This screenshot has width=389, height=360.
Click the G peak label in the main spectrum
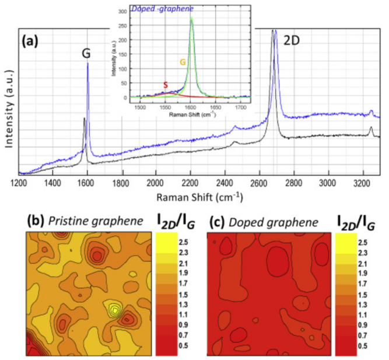pyautogui.click(x=86, y=54)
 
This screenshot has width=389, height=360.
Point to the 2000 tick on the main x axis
pyautogui.click(x=156, y=183)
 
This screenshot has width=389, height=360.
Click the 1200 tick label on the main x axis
pyautogui.click(x=19, y=183)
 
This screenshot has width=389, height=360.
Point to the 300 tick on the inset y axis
pyautogui.click(x=123, y=11)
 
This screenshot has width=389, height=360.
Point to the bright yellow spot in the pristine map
pyautogui.click(x=115, y=310)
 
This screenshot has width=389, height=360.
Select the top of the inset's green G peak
pyautogui.click(x=191, y=18)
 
